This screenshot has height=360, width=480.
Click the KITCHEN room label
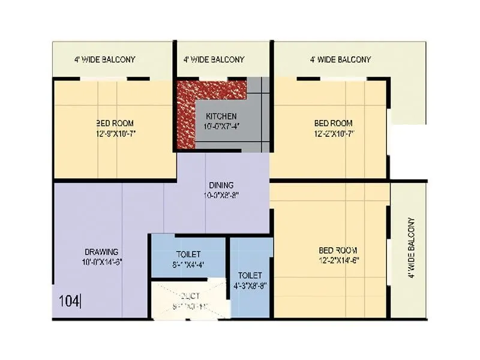(x=221, y=116)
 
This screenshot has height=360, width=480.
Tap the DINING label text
(x=221, y=185)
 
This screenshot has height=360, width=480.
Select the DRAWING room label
(x=101, y=251)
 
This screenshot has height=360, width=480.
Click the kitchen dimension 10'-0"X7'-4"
(x=221, y=126)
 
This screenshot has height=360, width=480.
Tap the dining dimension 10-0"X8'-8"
(x=221, y=194)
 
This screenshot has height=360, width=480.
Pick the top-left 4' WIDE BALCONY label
(x=104, y=59)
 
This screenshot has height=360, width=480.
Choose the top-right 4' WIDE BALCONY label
(x=340, y=59)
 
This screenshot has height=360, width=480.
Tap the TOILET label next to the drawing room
(x=188, y=254)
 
